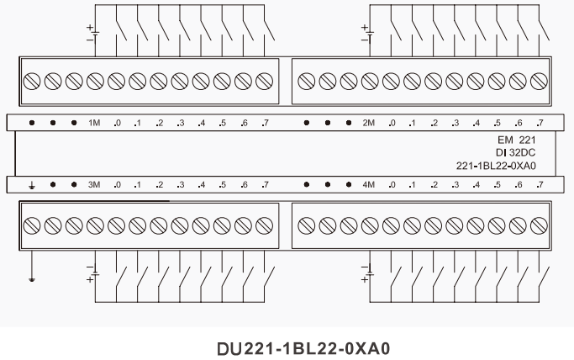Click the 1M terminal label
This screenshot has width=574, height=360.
[x=95, y=123]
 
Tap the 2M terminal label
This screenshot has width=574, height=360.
[x=369, y=123]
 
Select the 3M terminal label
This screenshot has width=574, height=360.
[x=95, y=184]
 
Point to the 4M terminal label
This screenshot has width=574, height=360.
[x=369, y=184]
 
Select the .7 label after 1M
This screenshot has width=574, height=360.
[x=265, y=123]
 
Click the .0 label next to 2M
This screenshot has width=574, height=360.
[x=392, y=123]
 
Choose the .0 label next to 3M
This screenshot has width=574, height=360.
[x=117, y=184]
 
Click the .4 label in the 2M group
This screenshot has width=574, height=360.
[x=476, y=123]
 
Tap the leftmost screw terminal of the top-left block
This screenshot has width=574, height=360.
[x=32, y=82]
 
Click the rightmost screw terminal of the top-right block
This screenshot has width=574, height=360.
[x=539, y=82]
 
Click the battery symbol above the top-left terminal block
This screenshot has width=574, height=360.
[x=94, y=33]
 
